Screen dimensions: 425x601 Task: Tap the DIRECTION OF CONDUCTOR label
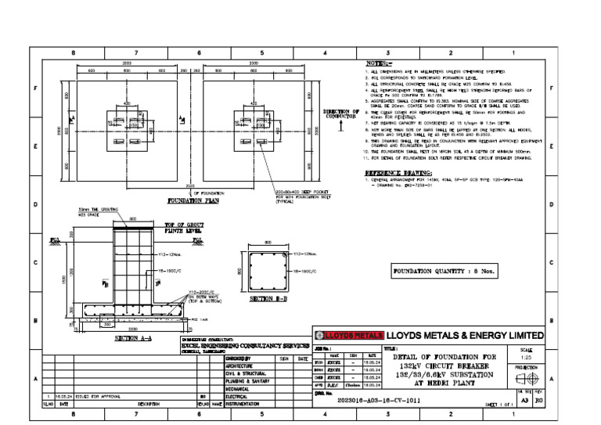tap(341, 115)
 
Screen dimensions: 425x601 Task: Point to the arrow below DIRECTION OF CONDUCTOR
tap(341, 128)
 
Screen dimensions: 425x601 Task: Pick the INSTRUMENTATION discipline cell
tap(247, 404)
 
